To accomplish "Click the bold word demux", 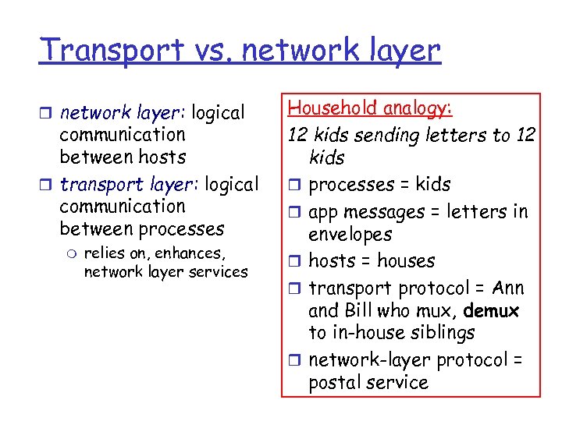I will (x=491, y=311).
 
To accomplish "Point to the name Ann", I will (x=509, y=288).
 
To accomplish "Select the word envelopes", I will (x=350, y=235).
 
